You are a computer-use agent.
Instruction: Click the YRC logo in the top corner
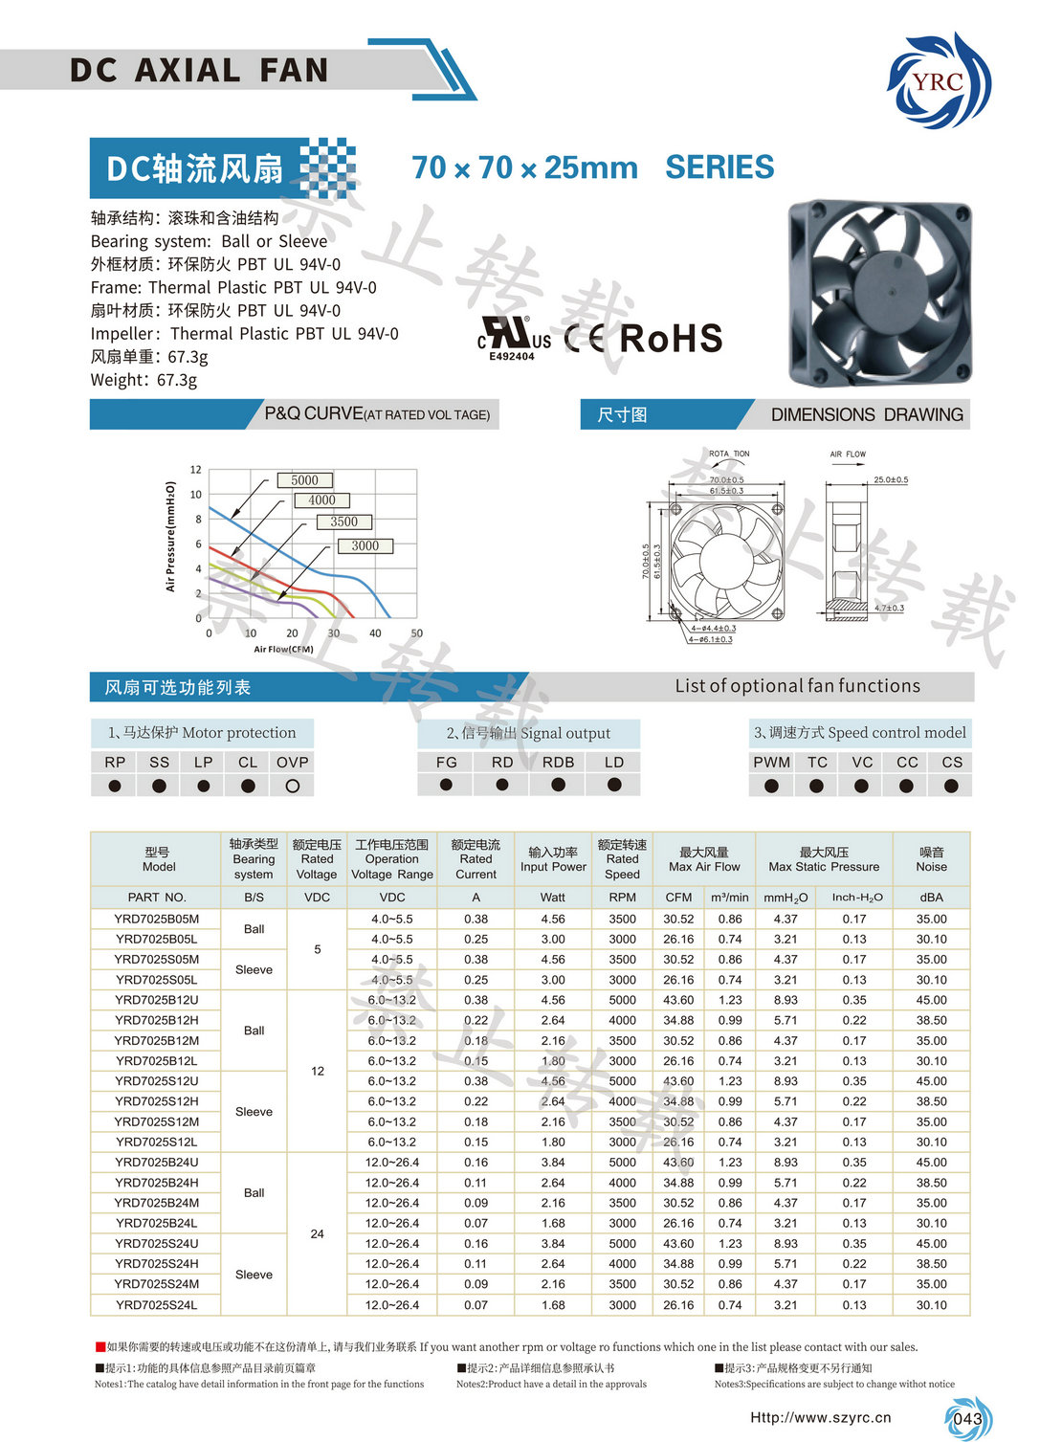click(x=939, y=81)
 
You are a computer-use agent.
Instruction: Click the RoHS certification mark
click(x=671, y=339)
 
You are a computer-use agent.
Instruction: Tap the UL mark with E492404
click(x=514, y=340)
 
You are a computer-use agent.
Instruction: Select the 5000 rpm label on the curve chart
click(x=304, y=480)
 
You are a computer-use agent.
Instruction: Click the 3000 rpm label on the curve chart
click(x=365, y=545)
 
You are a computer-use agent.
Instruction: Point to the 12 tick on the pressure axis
click(x=196, y=470)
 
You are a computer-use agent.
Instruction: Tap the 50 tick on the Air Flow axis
click(x=417, y=633)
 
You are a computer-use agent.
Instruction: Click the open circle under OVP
click(x=293, y=786)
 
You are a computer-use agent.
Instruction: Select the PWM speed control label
click(x=771, y=763)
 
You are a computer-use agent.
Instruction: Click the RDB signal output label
click(x=558, y=763)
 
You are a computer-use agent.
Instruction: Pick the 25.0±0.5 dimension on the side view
click(x=890, y=480)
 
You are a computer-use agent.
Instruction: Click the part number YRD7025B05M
click(x=157, y=920)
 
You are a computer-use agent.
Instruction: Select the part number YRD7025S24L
click(x=157, y=1305)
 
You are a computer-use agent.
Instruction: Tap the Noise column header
click(x=931, y=859)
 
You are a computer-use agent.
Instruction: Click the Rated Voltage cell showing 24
click(x=317, y=1234)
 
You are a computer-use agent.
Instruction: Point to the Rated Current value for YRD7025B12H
click(x=476, y=1021)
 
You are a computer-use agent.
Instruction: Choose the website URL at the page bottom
click(x=820, y=1418)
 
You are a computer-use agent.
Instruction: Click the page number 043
click(x=967, y=1419)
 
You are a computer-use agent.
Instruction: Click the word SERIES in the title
click(x=719, y=167)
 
